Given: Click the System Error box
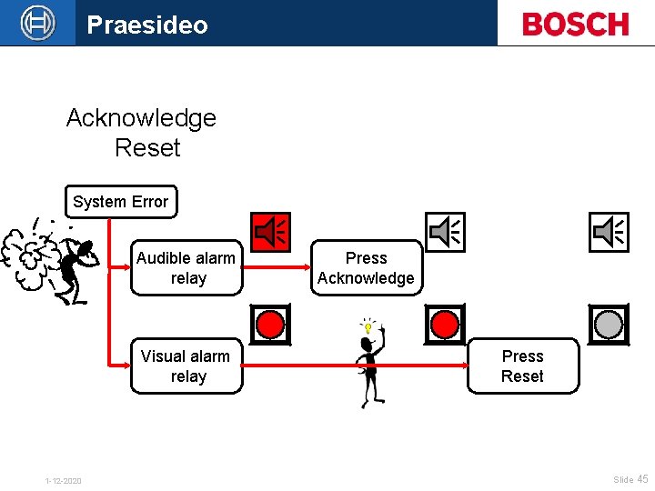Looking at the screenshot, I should [x=120, y=202].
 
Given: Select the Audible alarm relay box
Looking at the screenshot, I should [x=186, y=268].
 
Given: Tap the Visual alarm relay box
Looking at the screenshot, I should [x=186, y=366].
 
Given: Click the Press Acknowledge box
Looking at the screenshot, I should [x=366, y=268].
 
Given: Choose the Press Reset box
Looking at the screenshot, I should [x=522, y=366].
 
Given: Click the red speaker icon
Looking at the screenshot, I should [x=271, y=233].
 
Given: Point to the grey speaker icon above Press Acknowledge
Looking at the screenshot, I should [x=445, y=233].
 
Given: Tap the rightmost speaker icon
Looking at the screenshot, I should [x=609, y=233].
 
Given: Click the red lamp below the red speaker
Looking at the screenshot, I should [x=270, y=324].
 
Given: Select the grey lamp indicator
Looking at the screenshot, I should [x=609, y=324].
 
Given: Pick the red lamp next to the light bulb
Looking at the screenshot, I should [x=445, y=324].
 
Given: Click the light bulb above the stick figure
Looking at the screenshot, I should [x=368, y=325].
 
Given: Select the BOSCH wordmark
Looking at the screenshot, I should [x=576, y=24].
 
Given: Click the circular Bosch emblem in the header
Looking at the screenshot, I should [x=38, y=23].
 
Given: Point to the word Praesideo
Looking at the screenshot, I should [x=147, y=25].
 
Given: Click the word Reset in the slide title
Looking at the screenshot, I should [x=147, y=147].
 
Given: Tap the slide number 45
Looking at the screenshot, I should [x=642, y=479].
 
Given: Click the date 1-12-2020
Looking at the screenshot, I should [x=63, y=480].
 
